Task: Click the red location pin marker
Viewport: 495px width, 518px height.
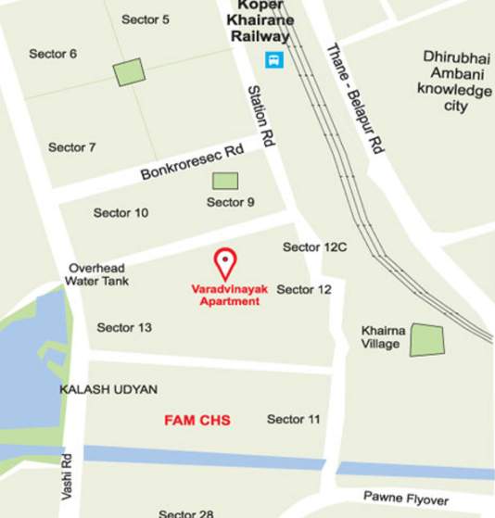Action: (x=224, y=264)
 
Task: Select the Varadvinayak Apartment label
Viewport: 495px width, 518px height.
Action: (x=229, y=295)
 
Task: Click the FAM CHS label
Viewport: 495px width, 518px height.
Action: (x=197, y=421)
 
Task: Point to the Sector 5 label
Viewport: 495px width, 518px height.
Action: (x=146, y=19)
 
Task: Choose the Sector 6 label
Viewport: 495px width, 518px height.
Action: (x=53, y=54)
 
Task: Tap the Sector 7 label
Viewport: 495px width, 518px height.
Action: (x=72, y=147)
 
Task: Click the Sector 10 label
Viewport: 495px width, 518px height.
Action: (x=121, y=213)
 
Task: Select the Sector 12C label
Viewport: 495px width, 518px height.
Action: (x=314, y=247)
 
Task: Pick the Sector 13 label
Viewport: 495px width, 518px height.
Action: (x=124, y=327)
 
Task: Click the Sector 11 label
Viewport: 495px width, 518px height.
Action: (x=293, y=420)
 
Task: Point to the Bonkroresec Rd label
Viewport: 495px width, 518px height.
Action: (x=192, y=161)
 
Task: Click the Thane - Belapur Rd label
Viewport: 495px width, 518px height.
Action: (x=355, y=98)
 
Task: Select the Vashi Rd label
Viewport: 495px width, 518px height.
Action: (x=67, y=476)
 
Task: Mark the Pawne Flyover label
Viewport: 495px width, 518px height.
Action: (x=405, y=498)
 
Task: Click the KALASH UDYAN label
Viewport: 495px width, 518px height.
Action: (x=108, y=389)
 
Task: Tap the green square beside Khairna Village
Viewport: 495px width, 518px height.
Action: (x=427, y=340)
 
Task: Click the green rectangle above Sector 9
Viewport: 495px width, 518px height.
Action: (x=225, y=181)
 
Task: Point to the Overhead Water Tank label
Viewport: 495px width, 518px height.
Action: (x=98, y=274)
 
